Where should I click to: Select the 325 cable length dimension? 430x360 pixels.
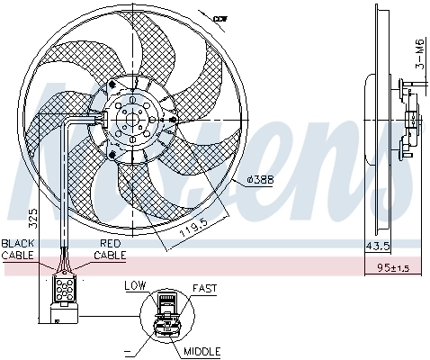pos(32,216)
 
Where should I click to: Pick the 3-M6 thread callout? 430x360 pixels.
pos(419,52)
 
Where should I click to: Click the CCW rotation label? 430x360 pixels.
pos(219,17)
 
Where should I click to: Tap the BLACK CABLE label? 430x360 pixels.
pos(17,249)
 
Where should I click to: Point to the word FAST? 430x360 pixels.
pos(204,288)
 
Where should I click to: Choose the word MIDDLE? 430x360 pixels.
pos(202,352)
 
